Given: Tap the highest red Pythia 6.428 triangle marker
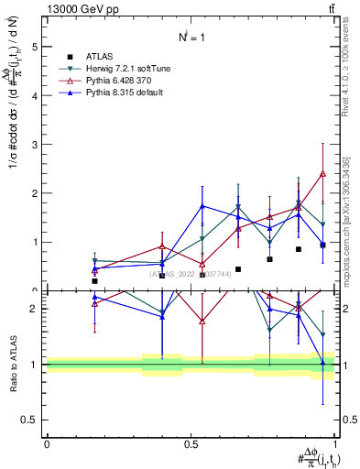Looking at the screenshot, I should pos(323,174).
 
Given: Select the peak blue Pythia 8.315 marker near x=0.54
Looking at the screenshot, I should pos(202,206).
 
